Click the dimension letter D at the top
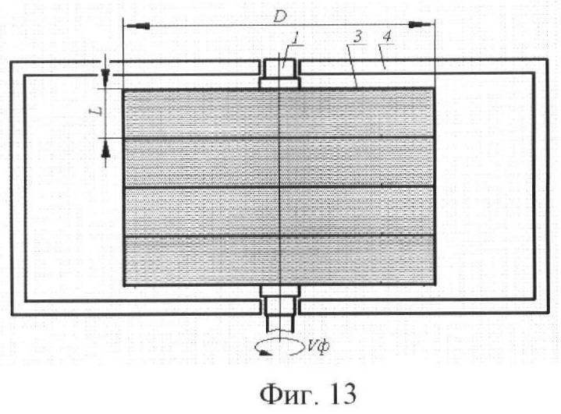tap(279, 16)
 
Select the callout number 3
tap(359, 37)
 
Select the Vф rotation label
tap(318, 346)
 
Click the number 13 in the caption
tap(342, 394)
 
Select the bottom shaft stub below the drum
tap(279, 315)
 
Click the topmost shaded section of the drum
tap(279, 113)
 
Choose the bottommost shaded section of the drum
tap(279, 260)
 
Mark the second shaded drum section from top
tap(279, 162)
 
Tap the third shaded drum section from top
tap(279, 211)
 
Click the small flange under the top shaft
tap(279, 83)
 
